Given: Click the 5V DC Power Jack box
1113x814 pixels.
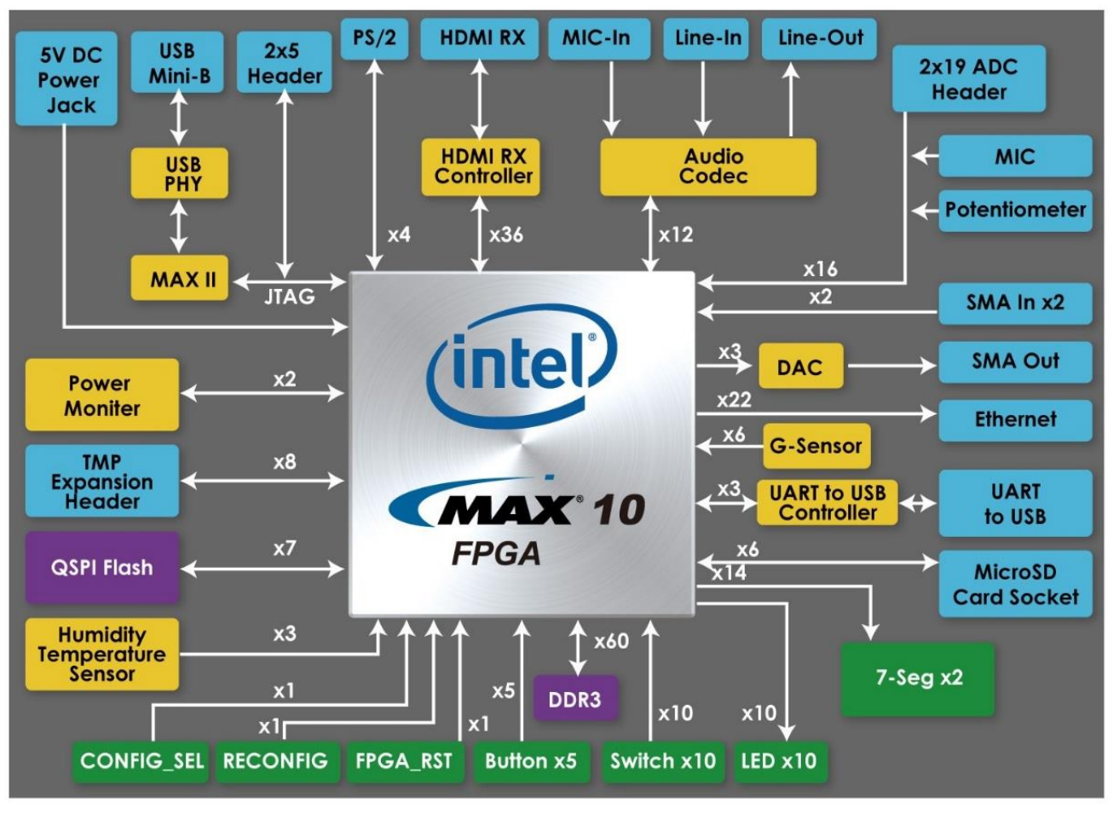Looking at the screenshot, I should coord(66,79).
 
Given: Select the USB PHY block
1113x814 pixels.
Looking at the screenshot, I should coord(179,173).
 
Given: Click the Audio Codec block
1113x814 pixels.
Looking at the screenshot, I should coord(708,167).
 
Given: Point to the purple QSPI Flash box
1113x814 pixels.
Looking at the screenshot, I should coord(102,568).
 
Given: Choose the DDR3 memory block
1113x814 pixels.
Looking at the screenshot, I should coord(574,700).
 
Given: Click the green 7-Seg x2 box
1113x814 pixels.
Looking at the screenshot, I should coord(917,678).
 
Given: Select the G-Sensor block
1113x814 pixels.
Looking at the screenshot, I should coord(816,446).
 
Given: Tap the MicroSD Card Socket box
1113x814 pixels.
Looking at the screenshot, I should coord(1015,585).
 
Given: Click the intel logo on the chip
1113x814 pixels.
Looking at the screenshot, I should coord(522,362).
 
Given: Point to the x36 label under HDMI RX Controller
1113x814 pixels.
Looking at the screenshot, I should coord(506,235).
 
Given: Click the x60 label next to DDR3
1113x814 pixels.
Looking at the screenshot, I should coord(611,642).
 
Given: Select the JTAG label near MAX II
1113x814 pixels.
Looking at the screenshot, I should coord(290,297).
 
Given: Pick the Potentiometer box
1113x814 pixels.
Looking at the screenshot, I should coord(1015,210).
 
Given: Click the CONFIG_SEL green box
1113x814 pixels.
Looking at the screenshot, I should coord(141,761).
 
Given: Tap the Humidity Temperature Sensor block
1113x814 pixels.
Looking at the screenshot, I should coord(102,655).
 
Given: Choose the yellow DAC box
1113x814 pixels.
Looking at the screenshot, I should coord(799,367).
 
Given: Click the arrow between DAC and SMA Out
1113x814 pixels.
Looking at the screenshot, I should coord(891,366).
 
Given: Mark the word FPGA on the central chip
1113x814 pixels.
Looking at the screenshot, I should coord(496,554).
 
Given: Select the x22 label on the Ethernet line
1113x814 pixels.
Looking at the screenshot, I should coord(734,400).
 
